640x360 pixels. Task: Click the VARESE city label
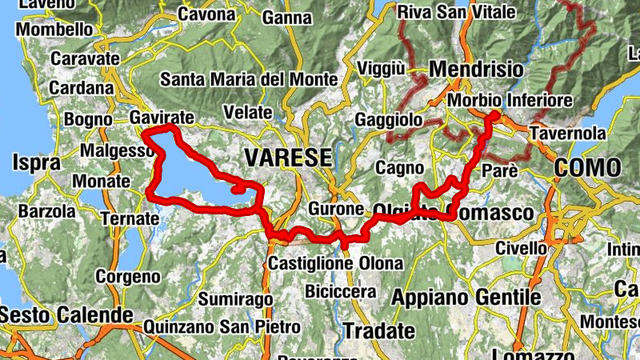[x=288, y=158]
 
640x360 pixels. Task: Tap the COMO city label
[x=588, y=167]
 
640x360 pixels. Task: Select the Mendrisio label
[x=477, y=70]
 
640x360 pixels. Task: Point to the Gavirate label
[x=162, y=118]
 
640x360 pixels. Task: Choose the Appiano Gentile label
[x=466, y=298]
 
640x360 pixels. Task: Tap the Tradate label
[x=379, y=330]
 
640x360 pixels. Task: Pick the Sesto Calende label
[x=66, y=314]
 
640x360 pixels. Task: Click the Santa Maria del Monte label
[x=249, y=80]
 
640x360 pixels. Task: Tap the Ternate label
[x=130, y=218]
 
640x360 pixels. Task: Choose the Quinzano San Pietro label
[x=222, y=327]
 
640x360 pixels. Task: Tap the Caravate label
[x=85, y=58]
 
